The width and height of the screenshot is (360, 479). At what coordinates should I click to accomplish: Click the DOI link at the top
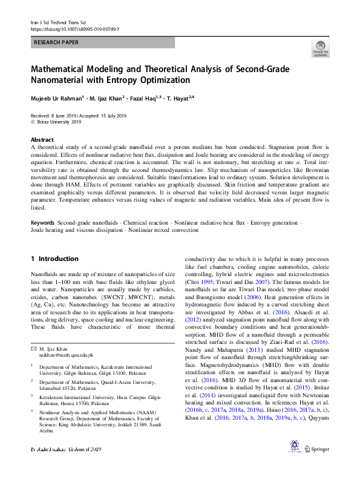74,28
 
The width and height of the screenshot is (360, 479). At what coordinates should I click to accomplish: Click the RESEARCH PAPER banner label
57,43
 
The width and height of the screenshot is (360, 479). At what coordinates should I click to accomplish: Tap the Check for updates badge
320,49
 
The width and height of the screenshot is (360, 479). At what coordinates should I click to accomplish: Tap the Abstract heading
42,139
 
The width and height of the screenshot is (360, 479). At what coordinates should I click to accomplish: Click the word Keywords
43,223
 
